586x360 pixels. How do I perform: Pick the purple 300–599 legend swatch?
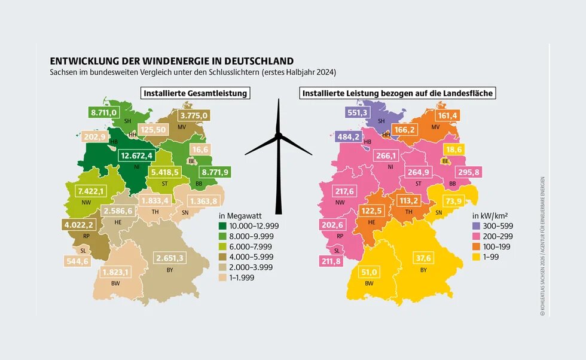(476, 226)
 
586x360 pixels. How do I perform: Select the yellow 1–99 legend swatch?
(476, 257)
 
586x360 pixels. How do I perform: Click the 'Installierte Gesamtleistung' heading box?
(195, 93)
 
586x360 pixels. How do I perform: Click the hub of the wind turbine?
(278, 136)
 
